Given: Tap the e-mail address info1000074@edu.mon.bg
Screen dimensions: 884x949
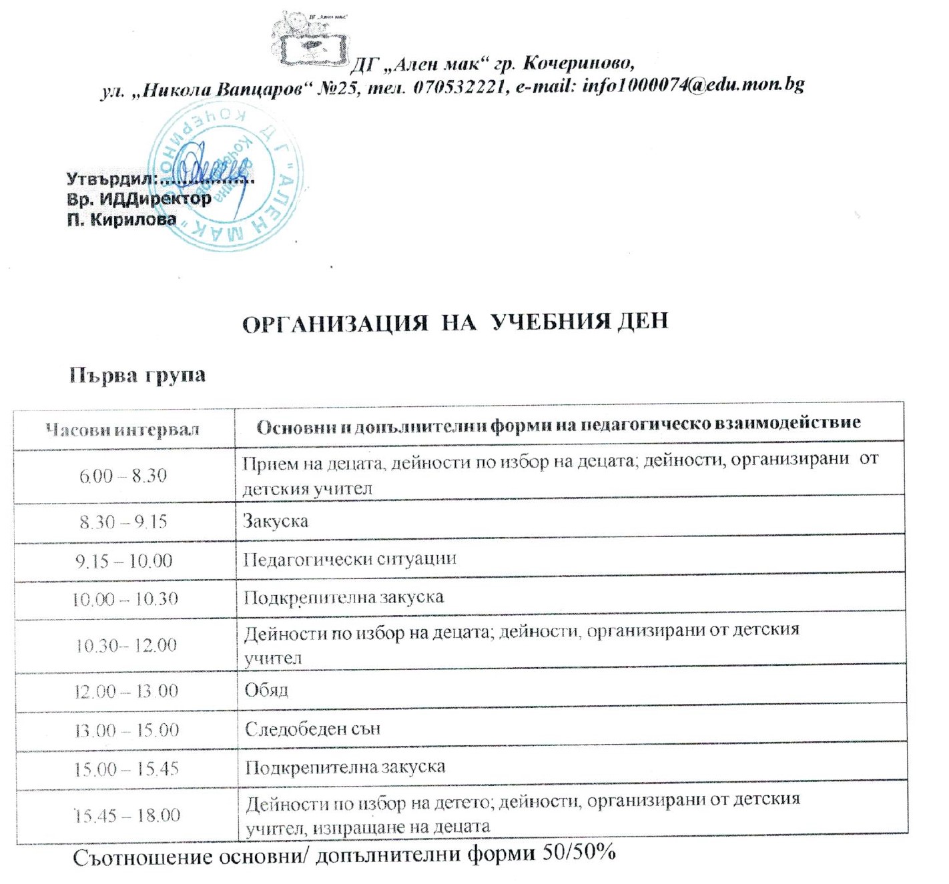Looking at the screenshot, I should pos(693,85).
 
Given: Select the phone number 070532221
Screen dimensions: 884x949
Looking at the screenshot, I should pos(458,87).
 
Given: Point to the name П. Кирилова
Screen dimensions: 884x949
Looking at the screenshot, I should pos(121,219).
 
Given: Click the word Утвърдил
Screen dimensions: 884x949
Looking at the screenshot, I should pos(110,179).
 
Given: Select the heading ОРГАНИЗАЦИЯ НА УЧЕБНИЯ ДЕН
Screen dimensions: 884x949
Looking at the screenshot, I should pos(454,323).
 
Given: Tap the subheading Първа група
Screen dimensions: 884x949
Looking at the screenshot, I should pos(137,375).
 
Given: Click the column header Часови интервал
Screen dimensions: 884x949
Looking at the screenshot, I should pos(123,429).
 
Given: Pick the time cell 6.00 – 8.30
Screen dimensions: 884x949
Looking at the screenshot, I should pos(123,476).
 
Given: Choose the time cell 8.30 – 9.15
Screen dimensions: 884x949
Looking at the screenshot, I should pos(123,522).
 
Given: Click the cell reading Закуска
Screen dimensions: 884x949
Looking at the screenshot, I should pos(276,521).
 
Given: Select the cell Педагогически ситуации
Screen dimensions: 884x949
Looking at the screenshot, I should pos(350,559).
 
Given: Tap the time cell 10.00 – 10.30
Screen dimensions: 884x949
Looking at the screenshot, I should pos(125,598).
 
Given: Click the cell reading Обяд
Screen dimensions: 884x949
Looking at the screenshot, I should pos(266,690).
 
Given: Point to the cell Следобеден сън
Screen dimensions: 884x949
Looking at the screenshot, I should pos(312,729).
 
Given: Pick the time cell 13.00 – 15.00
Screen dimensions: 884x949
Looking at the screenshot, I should pos(126,730).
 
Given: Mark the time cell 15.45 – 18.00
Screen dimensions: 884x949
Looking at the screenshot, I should pos(127,815).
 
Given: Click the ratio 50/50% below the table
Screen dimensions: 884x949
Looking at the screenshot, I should pos(579,853).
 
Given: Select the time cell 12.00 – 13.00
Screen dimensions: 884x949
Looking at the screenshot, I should pos(126,691).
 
